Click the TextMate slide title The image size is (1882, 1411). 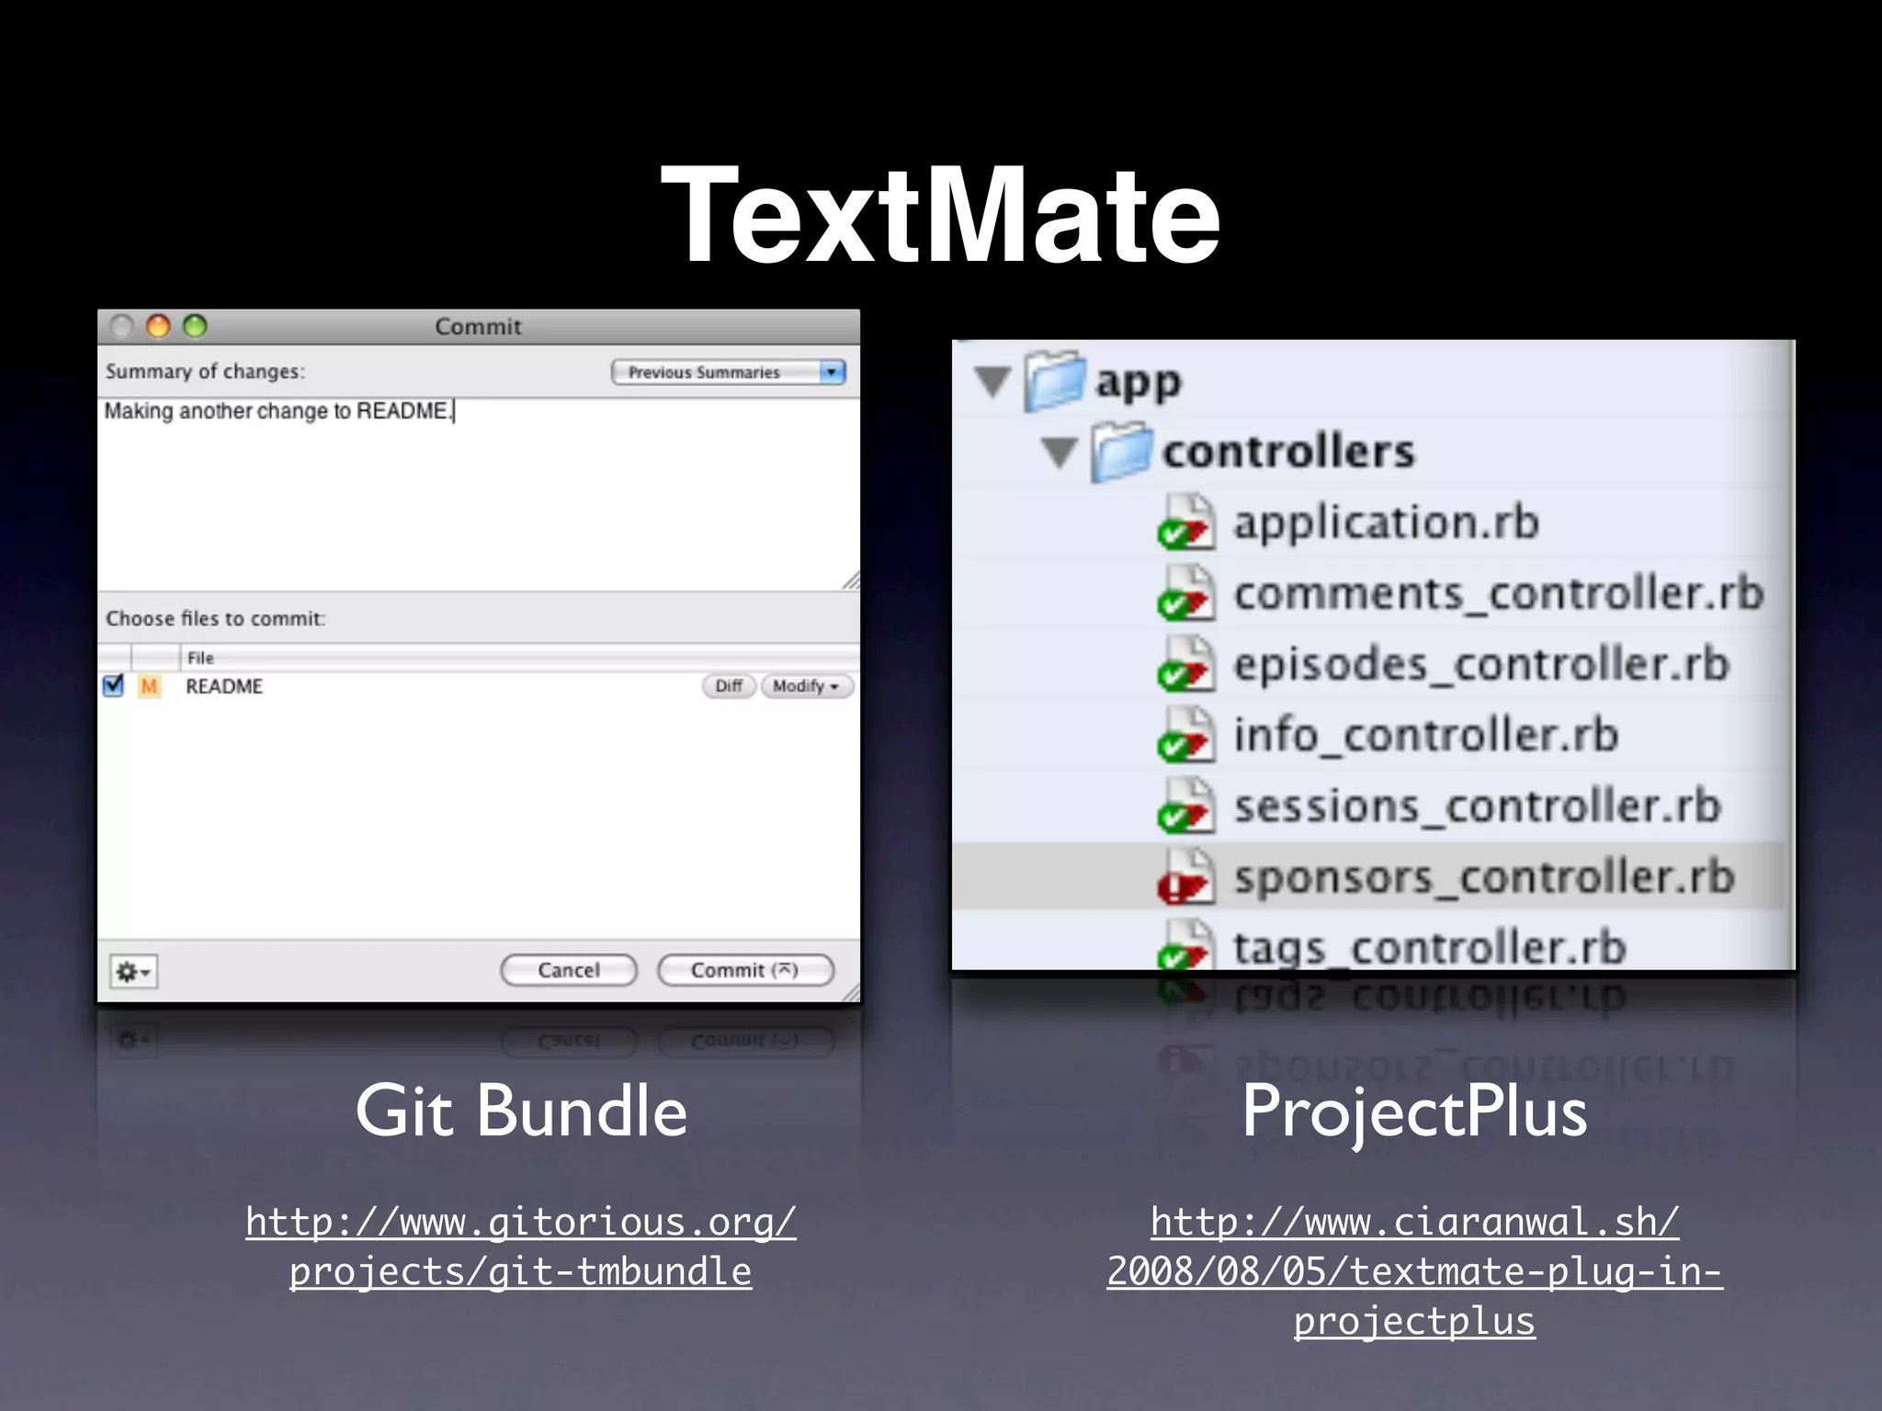(x=940, y=216)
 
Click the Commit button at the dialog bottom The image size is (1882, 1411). (x=745, y=970)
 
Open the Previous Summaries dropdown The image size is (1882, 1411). (x=728, y=372)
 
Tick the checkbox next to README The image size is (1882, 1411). (x=113, y=686)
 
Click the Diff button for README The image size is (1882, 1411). (x=729, y=686)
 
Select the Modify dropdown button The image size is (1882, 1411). (x=806, y=686)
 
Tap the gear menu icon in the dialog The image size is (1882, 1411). (x=133, y=971)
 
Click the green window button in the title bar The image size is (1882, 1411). (x=195, y=326)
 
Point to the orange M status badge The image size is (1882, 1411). (x=149, y=686)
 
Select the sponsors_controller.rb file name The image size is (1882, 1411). (x=1483, y=877)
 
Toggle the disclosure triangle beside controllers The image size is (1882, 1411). (x=1060, y=452)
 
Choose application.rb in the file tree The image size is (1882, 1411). (x=1385, y=523)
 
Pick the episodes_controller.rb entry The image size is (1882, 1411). (x=1480, y=664)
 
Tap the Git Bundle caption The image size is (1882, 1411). (x=521, y=1111)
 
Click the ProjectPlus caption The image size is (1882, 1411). (x=1414, y=1112)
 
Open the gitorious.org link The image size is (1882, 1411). (x=521, y=1247)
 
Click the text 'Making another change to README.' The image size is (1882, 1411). (x=278, y=411)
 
